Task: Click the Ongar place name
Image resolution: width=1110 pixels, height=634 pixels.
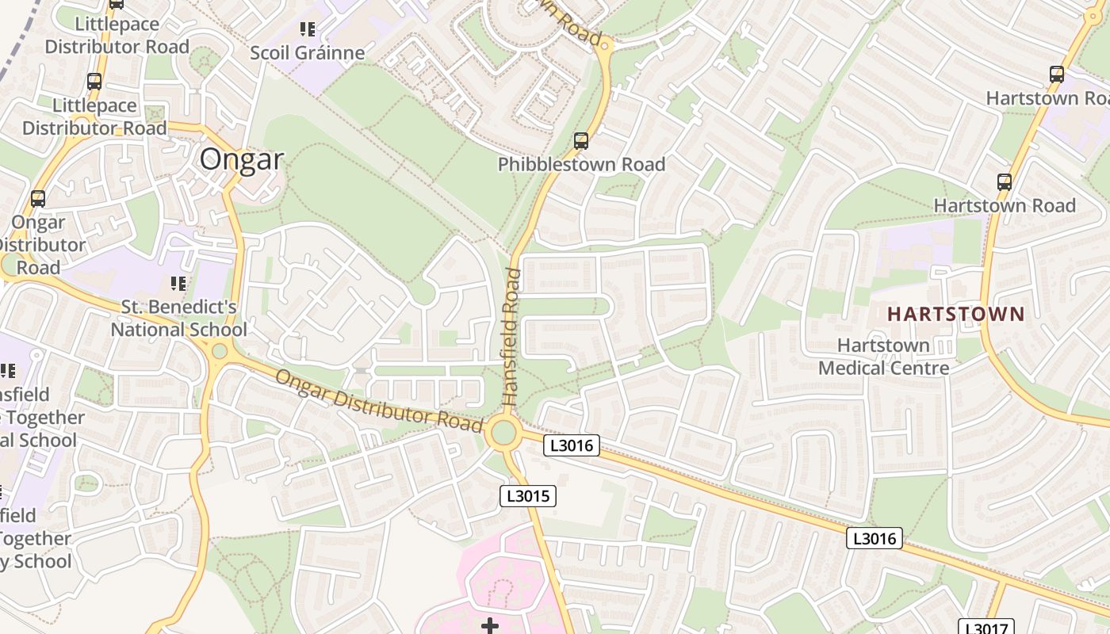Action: click(241, 159)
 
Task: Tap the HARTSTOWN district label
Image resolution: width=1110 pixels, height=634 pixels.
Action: click(955, 314)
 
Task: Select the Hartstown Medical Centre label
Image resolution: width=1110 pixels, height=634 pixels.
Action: click(883, 357)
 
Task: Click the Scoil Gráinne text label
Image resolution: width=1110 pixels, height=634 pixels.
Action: click(308, 53)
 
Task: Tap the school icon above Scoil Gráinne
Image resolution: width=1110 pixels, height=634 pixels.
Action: click(308, 30)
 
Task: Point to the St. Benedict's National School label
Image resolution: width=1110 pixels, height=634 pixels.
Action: click(178, 318)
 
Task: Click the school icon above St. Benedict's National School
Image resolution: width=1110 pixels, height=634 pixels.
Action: click(178, 283)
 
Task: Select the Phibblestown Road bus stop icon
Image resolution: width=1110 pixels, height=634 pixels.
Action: click(581, 141)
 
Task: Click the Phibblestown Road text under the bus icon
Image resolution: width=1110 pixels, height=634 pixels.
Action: click(581, 164)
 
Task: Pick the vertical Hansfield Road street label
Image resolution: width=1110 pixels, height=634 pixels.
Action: click(512, 338)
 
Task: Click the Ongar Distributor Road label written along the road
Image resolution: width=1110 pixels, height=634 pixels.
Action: click(379, 400)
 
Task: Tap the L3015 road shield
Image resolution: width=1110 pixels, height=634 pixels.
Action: click(528, 496)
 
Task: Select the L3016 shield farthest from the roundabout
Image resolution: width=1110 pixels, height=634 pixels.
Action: click(875, 539)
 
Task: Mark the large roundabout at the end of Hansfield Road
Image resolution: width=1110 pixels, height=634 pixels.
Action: click(504, 433)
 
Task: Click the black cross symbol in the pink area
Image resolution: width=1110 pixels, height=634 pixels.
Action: click(490, 626)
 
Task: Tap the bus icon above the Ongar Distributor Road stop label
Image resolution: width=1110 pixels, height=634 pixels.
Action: click(38, 199)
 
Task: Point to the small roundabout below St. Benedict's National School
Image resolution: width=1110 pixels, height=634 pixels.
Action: click(220, 351)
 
